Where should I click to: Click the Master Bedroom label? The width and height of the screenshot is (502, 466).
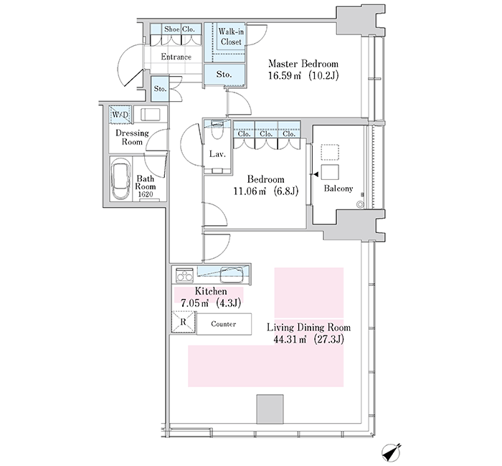tap(303, 63)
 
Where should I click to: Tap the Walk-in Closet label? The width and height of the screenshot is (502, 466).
tap(231, 37)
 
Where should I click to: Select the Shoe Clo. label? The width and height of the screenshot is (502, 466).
tap(179, 29)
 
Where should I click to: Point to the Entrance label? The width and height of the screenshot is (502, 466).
tap(176, 57)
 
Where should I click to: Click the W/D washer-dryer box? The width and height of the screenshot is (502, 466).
tap(120, 115)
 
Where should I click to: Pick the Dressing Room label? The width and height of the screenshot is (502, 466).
tap(132, 138)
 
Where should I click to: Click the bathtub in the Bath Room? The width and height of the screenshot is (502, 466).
tap(120, 182)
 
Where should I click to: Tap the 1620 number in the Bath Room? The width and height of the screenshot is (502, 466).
tap(146, 194)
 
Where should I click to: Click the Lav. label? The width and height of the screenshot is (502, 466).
tap(217, 154)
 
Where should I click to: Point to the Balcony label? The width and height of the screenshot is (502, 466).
tap(338, 189)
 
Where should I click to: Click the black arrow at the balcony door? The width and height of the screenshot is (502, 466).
tap(316, 174)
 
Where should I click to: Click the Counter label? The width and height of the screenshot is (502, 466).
tap(224, 324)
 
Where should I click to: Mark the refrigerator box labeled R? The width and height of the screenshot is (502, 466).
tap(184, 322)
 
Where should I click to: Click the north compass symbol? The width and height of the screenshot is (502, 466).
tap(392, 452)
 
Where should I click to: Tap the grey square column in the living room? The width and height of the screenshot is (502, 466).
tap(270, 409)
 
